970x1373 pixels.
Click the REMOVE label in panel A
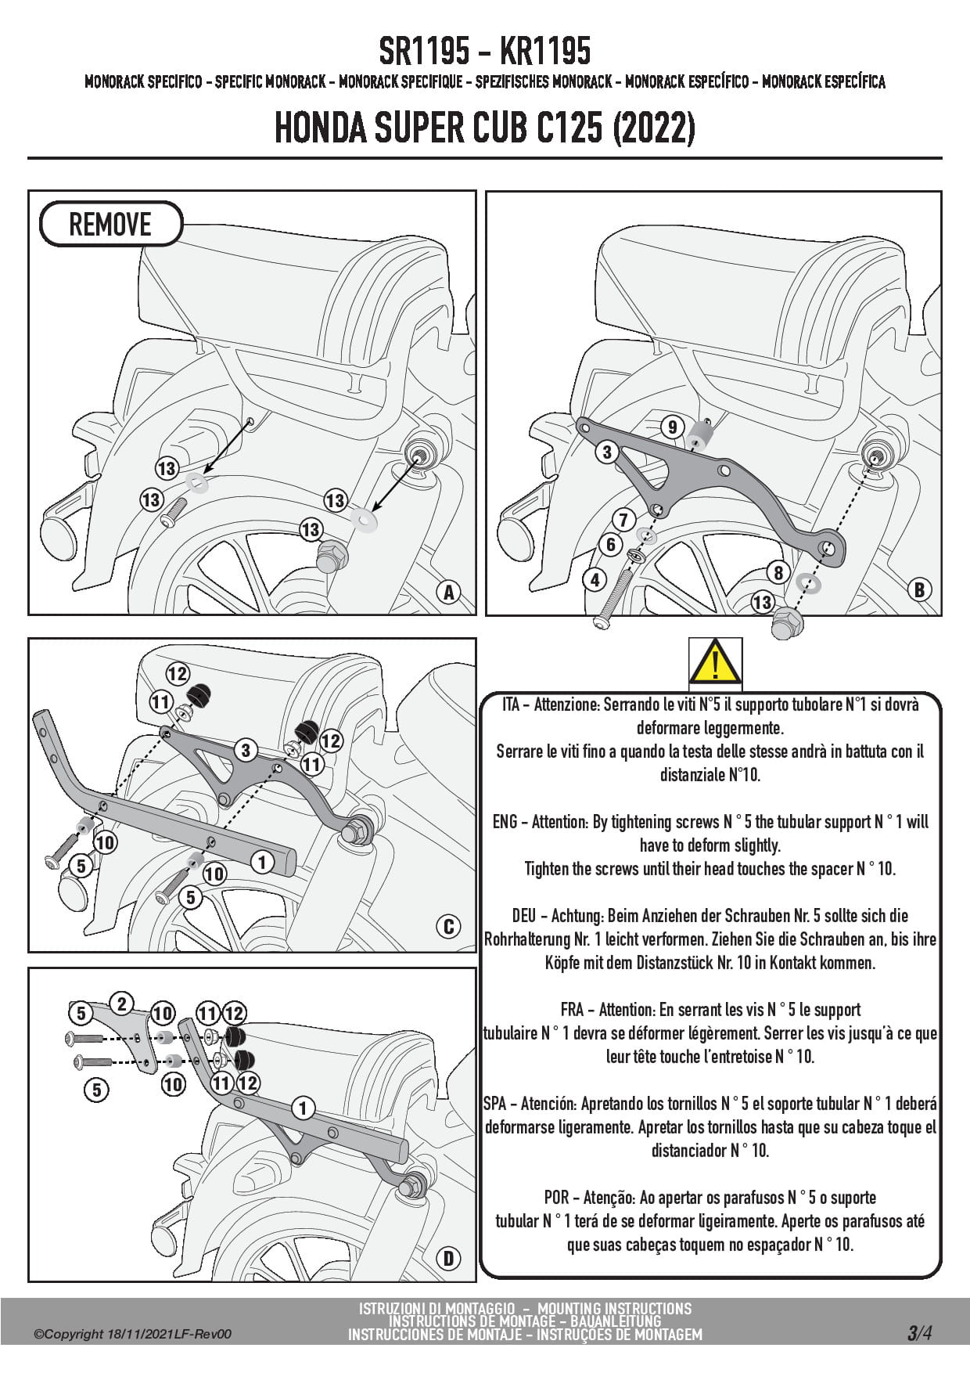pyautogui.click(x=110, y=225)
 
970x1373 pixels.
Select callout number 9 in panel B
pyautogui.click(x=672, y=427)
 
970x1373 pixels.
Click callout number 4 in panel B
pyautogui.click(x=595, y=580)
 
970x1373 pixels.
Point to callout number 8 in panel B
pyautogui.click(x=778, y=573)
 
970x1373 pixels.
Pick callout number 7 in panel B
pyautogui.click(x=623, y=519)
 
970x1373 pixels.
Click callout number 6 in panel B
pyautogui.click(x=610, y=545)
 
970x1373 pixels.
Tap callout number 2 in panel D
pyautogui.click(x=121, y=1004)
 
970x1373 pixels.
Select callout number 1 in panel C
pyautogui.click(x=262, y=863)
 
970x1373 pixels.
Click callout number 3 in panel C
pyautogui.click(x=246, y=751)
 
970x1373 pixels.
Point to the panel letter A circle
pyautogui.click(x=449, y=593)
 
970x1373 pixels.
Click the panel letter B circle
pyautogui.click(x=920, y=589)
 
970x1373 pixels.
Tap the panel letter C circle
pyautogui.click(x=448, y=927)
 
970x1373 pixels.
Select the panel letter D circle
pyautogui.click(x=448, y=1259)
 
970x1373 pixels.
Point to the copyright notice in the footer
pyautogui.click(x=133, y=1335)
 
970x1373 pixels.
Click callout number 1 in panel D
pyautogui.click(x=303, y=1108)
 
